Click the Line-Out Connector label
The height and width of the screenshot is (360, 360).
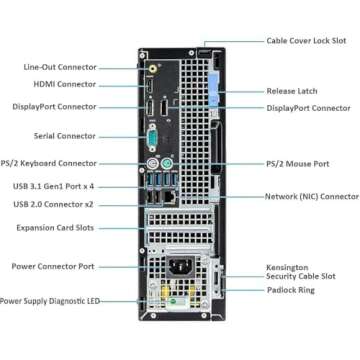point(59,67)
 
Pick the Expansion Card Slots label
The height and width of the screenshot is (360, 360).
point(56,228)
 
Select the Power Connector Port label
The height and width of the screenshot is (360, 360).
point(53,266)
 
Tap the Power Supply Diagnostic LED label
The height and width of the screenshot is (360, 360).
point(50,299)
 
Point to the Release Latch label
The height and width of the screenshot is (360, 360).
point(293,92)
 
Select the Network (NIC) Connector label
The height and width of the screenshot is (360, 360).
point(311,196)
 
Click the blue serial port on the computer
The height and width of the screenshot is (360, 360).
point(152,135)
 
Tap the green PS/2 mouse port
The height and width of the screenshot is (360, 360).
point(165,163)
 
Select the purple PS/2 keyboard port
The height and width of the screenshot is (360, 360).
point(150,163)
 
